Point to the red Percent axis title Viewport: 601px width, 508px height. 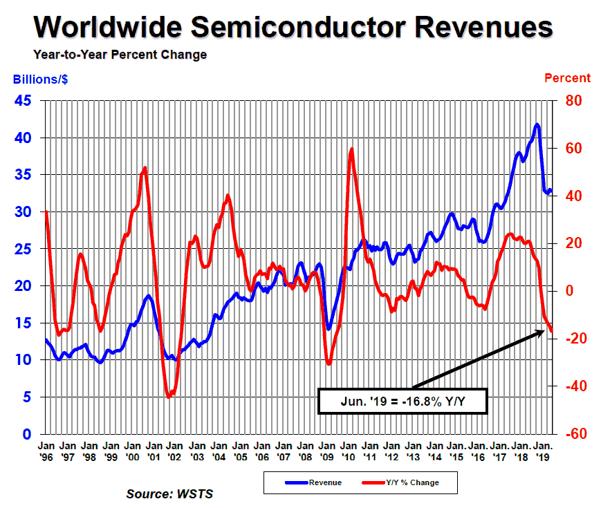(568, 78)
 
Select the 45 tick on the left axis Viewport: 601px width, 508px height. (23, 101)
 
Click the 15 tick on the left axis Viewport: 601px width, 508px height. (23, 323)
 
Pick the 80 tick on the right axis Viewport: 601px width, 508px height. (575, 101)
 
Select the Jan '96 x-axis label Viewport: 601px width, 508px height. (46, 451)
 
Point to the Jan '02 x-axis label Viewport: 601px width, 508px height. (175, 451)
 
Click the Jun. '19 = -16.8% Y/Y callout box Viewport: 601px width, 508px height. (403, 401)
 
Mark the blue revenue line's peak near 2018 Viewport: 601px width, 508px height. (537, 125)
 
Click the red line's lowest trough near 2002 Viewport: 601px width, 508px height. (169, 397)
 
